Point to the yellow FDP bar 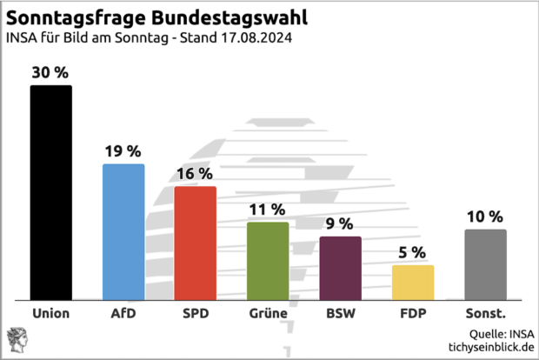pyautogui.click(x=413, y=283)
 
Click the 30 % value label pyautogui.click(x=50, y=73)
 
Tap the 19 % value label pyautogui.click(x=123, y=151)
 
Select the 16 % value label pyautogui.click(x=195, y=174)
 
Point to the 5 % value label pyautogui.click(x=413, y=253)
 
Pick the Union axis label pyautogui.click(x=50, y=313)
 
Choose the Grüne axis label pyautogui.click(x=267, y=313)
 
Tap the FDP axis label pyautogui.click(x=413, y=313)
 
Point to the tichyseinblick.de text pyautogui.click(x=489, y=347)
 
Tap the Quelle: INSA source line pyautogui.click(x=502, y=332)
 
